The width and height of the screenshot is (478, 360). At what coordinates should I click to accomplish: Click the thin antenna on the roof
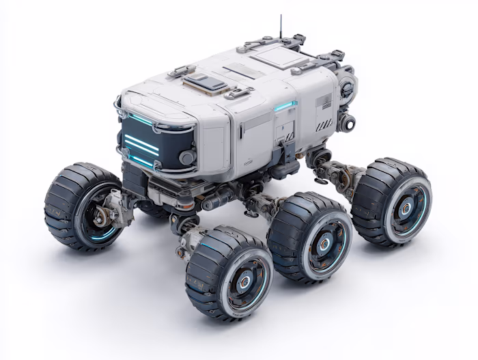(x=280, y=26)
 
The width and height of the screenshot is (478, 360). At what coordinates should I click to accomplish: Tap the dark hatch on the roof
(x=205, y=83)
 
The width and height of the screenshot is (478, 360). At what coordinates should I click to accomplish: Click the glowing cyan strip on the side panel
(x=285, y=107)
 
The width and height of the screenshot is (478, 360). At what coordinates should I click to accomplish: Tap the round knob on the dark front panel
(x=185, y=157)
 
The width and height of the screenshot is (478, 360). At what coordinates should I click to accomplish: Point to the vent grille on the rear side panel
(x=323, y=102)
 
